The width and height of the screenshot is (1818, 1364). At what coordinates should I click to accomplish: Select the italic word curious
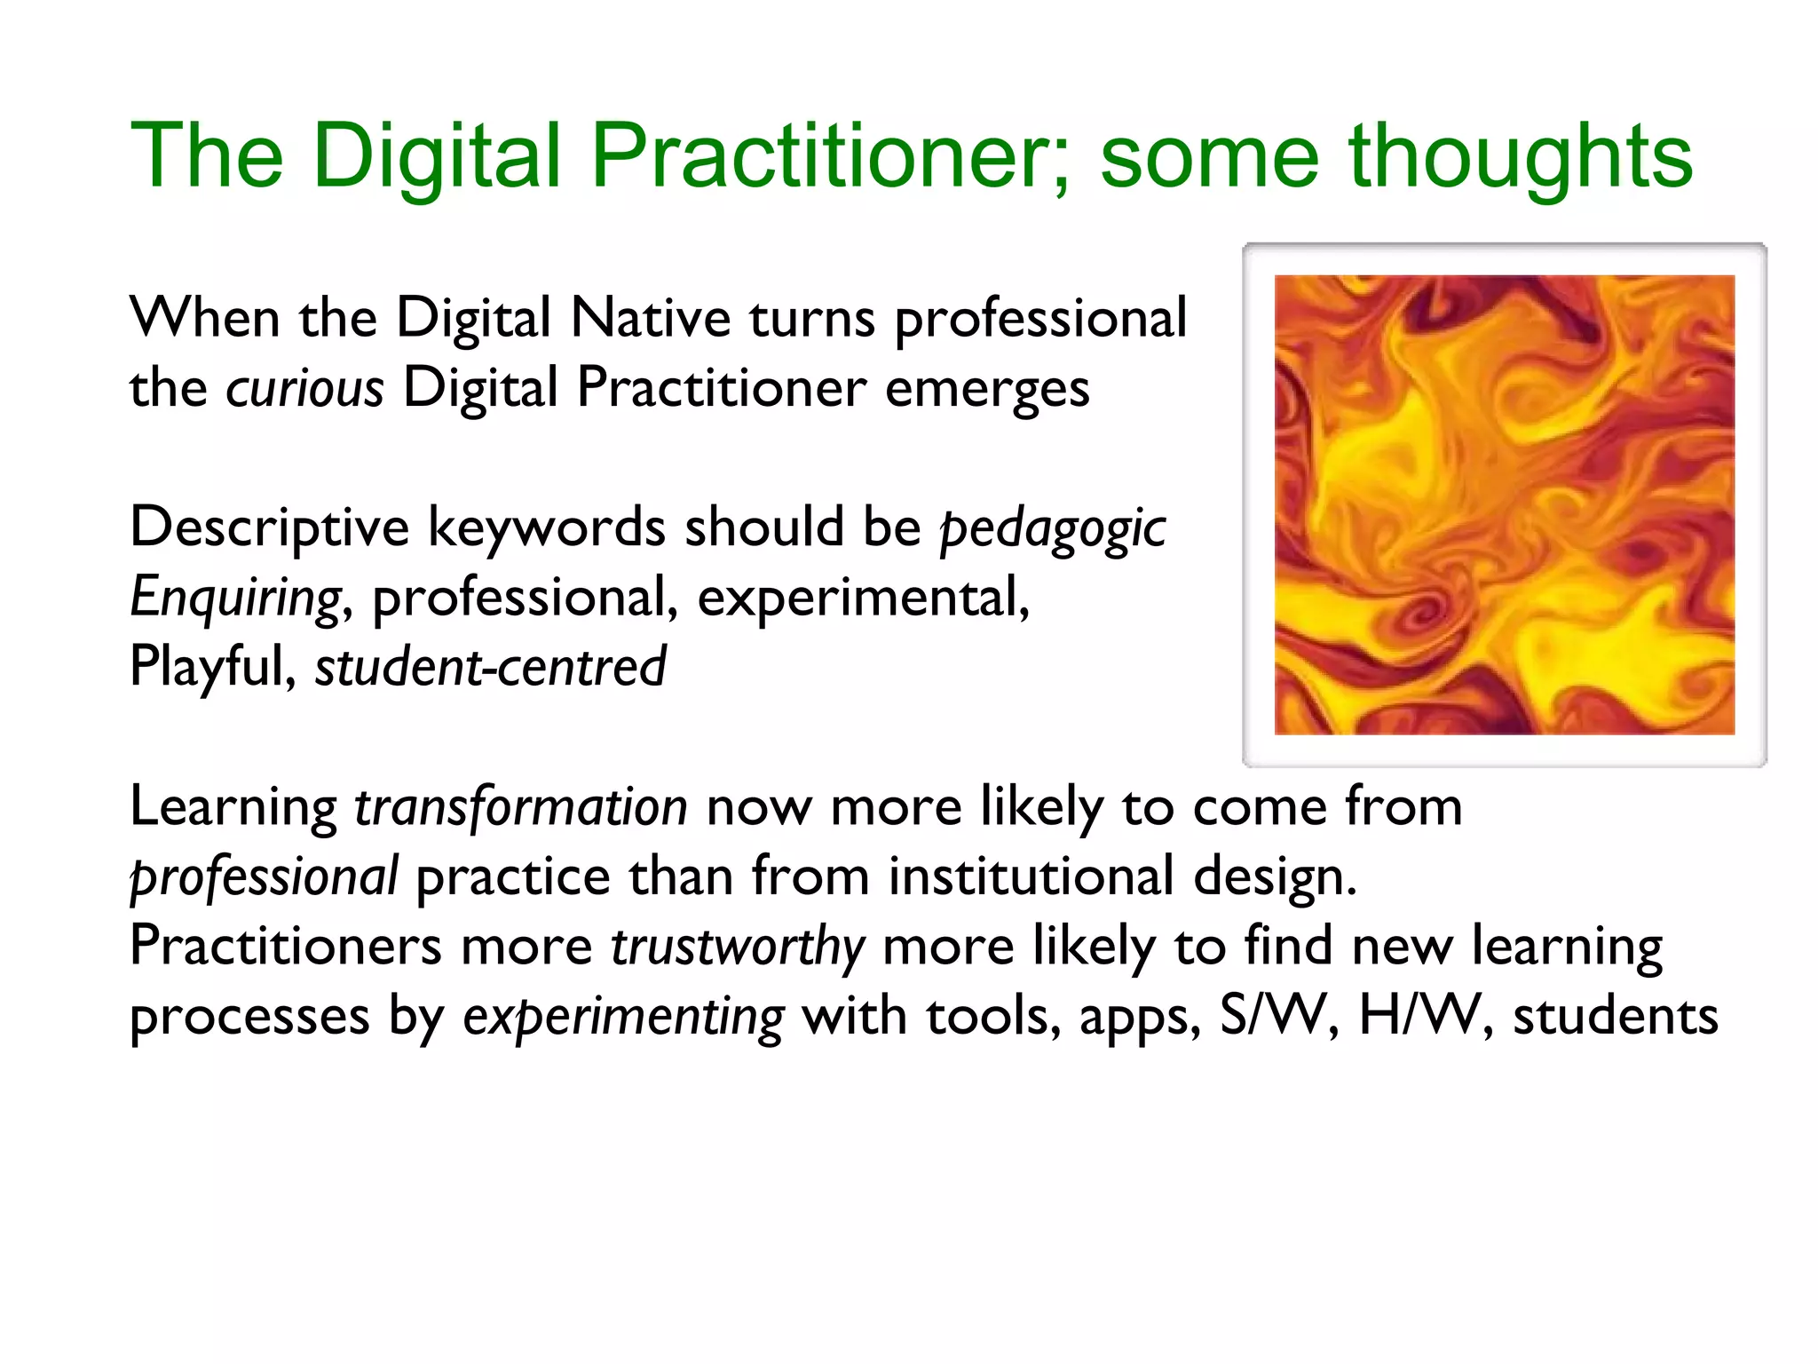(x=304, y=389)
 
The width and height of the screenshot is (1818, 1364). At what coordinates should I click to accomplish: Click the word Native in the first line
(x=651, y=319)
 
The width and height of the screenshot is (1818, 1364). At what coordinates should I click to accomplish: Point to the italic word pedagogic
(x=1053, y=529)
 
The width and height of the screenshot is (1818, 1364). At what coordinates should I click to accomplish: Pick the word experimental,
(x=863, y=599)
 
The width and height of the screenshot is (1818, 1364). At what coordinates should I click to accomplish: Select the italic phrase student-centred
(x=490, y=668)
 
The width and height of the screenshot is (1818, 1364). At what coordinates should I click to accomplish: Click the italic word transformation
(x=520, y=807)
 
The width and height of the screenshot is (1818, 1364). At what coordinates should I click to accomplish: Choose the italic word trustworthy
(x=737, y=947)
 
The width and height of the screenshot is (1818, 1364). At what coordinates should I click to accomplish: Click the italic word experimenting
(x=623, y=1017)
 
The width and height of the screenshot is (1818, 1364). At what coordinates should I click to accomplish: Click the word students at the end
(x=1615, y=1017)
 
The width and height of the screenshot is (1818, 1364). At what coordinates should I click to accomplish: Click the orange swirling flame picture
(x=1504, y=504)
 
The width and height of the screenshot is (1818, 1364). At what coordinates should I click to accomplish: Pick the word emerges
(x=987, y=389)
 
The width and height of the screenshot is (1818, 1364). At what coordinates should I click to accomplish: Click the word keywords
(x=547, y=527)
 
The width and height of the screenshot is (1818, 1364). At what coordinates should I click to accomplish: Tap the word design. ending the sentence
(x=1275, y=877)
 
